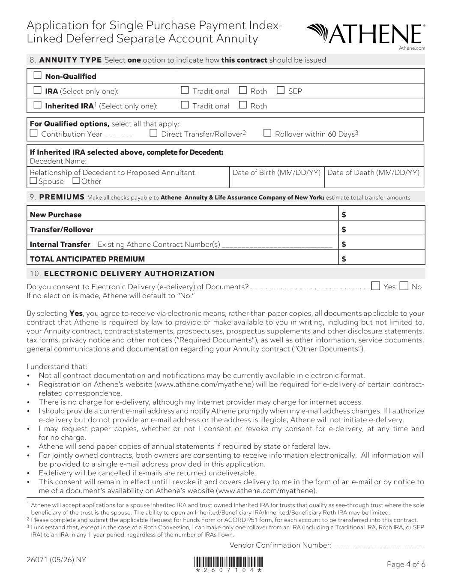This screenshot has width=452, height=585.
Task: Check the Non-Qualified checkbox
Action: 38,76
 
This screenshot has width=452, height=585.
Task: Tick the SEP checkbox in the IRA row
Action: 281,90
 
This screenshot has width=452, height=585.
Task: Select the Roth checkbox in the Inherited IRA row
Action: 243,105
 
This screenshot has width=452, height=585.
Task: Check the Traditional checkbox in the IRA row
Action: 185,90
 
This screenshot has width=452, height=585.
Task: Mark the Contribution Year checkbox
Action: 34,133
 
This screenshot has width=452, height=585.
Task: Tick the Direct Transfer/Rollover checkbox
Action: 153,133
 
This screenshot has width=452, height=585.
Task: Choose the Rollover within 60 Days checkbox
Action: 267,133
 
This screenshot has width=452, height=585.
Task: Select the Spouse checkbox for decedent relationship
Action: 33,180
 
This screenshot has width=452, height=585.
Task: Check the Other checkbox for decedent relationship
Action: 76,180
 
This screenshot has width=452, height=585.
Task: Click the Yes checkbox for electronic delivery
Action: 376,286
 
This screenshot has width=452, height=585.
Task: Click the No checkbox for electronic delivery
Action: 404,286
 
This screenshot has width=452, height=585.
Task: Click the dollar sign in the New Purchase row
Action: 344,214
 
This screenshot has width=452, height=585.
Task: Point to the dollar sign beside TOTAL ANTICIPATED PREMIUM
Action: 344,259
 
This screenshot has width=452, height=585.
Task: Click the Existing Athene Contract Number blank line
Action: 277,245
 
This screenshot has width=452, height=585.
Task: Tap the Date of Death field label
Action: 373,173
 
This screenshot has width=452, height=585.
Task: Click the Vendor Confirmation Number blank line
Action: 378,546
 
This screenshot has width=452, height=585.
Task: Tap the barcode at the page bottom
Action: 228,562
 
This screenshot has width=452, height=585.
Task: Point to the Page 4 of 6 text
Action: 406,564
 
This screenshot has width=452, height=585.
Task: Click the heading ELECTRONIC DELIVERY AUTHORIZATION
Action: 129,273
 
